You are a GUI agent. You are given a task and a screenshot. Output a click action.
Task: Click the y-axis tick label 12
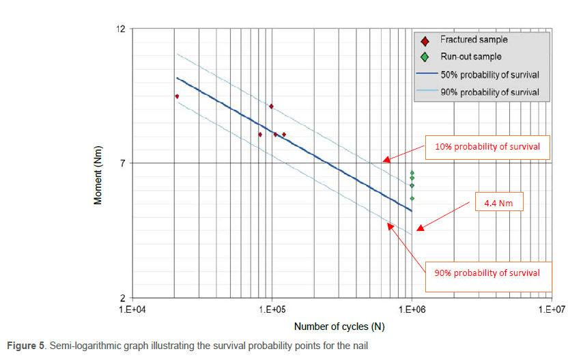pos(122,29)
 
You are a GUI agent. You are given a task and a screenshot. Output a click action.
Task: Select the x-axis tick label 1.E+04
pos(132,309)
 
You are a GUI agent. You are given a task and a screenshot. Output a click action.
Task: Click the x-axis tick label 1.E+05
pos(272,309)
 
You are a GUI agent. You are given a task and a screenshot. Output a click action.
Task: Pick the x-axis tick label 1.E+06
pos(411,309)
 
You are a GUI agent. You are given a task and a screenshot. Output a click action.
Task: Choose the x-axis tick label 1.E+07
pos(550,309)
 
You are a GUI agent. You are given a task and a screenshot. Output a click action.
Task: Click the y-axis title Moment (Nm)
pos(99,176)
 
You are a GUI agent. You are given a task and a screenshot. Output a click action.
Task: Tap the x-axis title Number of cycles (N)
pos(339,327)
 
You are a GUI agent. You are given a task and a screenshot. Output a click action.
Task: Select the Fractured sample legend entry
pos(473,40)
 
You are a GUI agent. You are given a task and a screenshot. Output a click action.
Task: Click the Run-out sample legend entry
pos(470,57)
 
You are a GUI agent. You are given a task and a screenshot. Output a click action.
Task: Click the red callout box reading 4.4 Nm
pos(498,203)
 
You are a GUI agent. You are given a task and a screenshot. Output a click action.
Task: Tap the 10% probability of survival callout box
pos(487,146)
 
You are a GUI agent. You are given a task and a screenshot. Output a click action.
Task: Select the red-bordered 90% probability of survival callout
pos(487,273)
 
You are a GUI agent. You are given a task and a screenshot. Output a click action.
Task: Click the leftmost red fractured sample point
pos(177,96)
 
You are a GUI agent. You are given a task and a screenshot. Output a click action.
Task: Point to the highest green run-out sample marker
pos(412,173)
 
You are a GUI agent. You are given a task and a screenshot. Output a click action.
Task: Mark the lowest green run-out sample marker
pos(412,199)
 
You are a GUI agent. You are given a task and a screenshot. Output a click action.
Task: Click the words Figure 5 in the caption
pos(25,346)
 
